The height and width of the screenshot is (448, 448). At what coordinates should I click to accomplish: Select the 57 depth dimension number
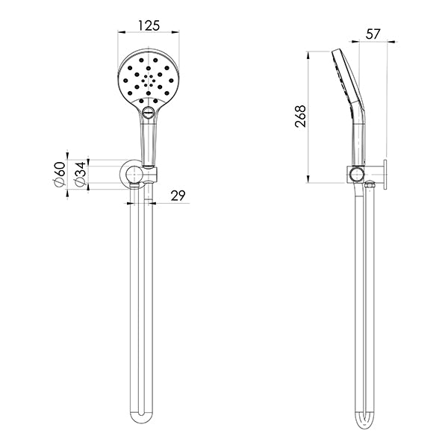[375, 34]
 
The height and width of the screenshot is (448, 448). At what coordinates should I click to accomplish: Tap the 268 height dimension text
[300, 116]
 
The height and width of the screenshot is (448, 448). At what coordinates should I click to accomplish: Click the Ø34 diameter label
[78, 177]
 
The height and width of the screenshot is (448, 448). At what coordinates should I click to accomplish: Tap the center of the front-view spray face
[149, 78]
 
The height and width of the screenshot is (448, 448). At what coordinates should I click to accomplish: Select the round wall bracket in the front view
[134, 176]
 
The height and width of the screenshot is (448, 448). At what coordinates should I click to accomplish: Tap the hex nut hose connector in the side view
[367, 184]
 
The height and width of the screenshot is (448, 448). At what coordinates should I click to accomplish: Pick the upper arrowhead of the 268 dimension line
[310, 55]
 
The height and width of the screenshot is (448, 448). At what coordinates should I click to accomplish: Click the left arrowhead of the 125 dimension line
[121, 33]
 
